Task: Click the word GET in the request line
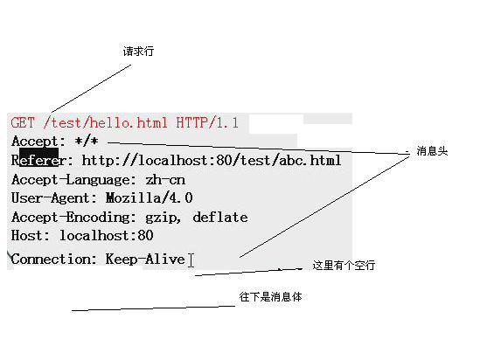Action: [23, 122]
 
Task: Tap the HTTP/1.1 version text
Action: [207, 122]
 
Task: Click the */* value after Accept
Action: [87, 141]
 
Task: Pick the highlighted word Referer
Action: [38, 160]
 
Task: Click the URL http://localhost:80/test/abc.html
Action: [212, 160]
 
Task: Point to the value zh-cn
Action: [165, 180]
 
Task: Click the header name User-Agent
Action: [51, 198]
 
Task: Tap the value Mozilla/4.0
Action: [149, 198]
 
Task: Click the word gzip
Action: [161, 218]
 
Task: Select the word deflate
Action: [220, 217]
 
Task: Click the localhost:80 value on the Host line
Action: [107, 235]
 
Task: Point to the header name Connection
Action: [51, 260]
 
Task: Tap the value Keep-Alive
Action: [145, 260]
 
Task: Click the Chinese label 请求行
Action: [138, 51]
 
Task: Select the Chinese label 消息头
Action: [432, 151]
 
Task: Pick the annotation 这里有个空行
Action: [344, 266]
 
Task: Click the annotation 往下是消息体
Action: [270, 297]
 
